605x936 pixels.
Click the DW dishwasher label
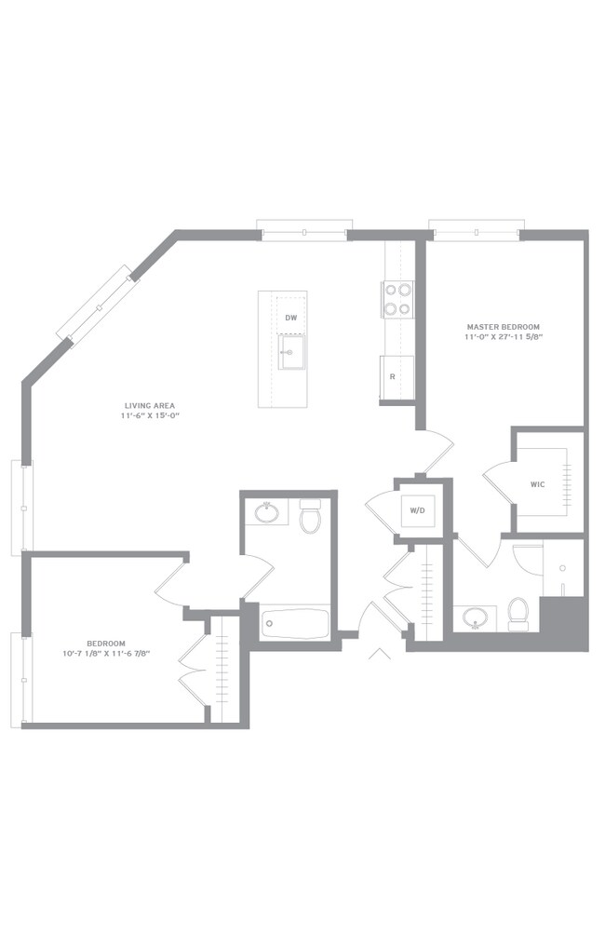(x=290, y=319)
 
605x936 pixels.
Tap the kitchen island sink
(x=291, y=352)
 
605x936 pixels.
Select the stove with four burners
(x=398, y=300)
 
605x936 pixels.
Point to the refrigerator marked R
(x=397, y=378)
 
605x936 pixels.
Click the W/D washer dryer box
(x=418, y=510)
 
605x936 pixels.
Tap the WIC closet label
(x=538, y=484)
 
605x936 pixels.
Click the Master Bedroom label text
(x=503, y=327)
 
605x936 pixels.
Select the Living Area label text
(x=150, y=406)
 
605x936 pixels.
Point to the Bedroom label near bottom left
(x=106, y=644)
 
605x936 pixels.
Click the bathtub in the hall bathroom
(x=295, y=624)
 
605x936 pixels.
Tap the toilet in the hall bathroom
(x=310, y=516)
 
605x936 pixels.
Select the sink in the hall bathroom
(x=266, y=512)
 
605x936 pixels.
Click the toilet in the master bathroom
(x=518, y=614)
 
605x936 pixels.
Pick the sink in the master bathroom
(x=476, y=617)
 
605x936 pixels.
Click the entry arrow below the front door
(x=380, y=654)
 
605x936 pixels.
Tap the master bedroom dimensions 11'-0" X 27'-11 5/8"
(x=505, y=336)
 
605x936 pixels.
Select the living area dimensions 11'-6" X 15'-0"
(x=150, y=415)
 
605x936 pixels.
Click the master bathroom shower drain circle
(x=562, y=568)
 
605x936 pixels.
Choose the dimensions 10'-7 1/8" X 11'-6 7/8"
(x=106, y=653)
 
